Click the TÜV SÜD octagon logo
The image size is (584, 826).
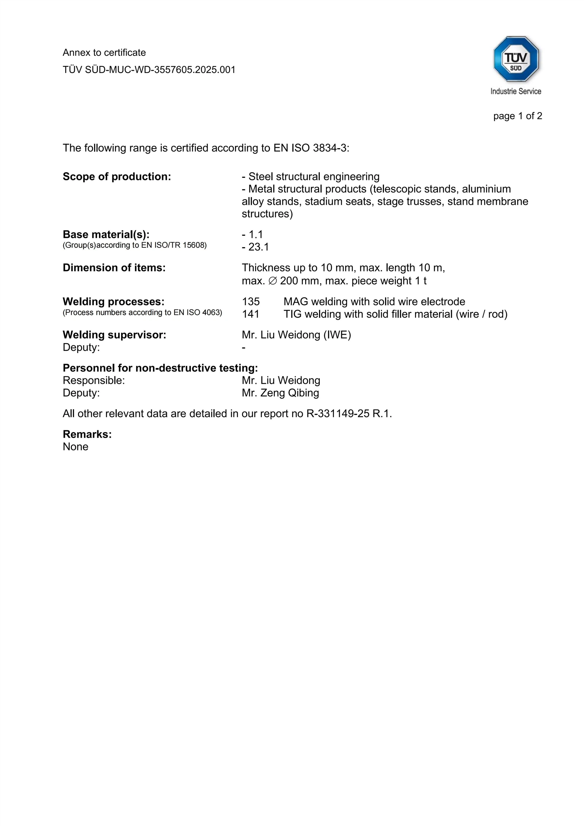pyautogui.click(x=516, y=59)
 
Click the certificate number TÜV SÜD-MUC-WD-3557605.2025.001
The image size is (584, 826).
pyautogui.click(x=149, y=70)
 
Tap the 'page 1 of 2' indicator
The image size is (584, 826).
pyautogui.click(x=518, y=116)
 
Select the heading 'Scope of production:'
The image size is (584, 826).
pyautogui.click(x=117, y=177)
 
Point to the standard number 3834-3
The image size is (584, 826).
pyautogui.click(x=330, y=148)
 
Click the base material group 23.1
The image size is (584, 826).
pyautogui.click(x=258, y=247)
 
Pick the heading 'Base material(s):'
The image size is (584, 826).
pyautogui.click(x=106, y=234)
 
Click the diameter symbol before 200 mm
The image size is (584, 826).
pyautogui.click(x=273, y=281)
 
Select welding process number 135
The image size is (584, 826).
pyautogui.click(x=251, y=301)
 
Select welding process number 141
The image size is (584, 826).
pyautogui.click(x=250, y=314)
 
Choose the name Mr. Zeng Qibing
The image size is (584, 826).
pyautogui.click(x=280, y=393)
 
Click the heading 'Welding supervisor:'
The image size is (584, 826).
pyautogui.click(x=114, y=335)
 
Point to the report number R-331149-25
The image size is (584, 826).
pyautogui.click(x=338, y=414)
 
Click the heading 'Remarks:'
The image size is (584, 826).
pyautogui.click(x=87, y=434)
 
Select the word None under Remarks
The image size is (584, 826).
pyautogui.click(x=76, y=447)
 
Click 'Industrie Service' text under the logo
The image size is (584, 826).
pyautogui.click(x=516, y=91)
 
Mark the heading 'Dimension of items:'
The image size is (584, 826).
pyautogui.click(x=114, y=268)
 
